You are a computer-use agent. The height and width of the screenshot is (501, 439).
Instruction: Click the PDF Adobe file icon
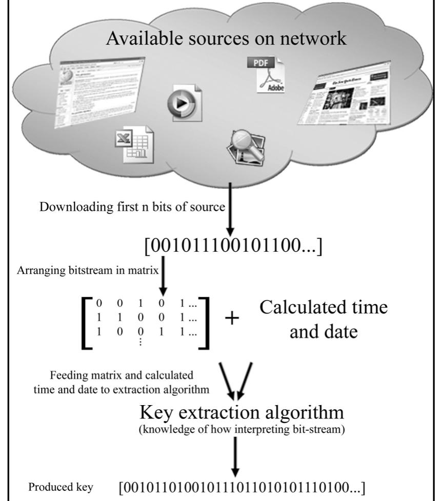(x=270, y=75)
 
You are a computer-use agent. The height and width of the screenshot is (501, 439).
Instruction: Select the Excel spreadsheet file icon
(x=132, y=144)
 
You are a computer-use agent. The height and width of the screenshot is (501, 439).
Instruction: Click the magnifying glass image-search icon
(x=246, y=148)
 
